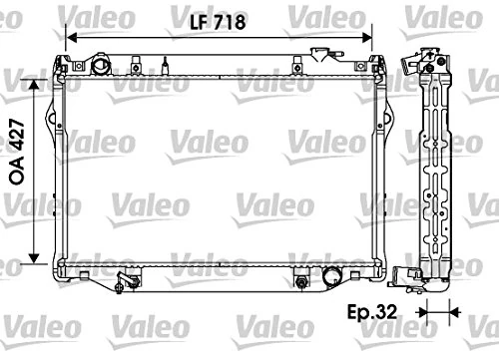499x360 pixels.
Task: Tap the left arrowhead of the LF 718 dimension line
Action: tap(69, 39)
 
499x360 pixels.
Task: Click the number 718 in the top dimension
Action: tap(230, 20)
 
